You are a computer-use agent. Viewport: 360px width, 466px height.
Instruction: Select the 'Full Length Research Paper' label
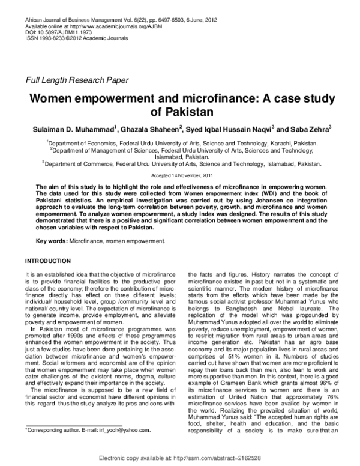pos(77,80)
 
